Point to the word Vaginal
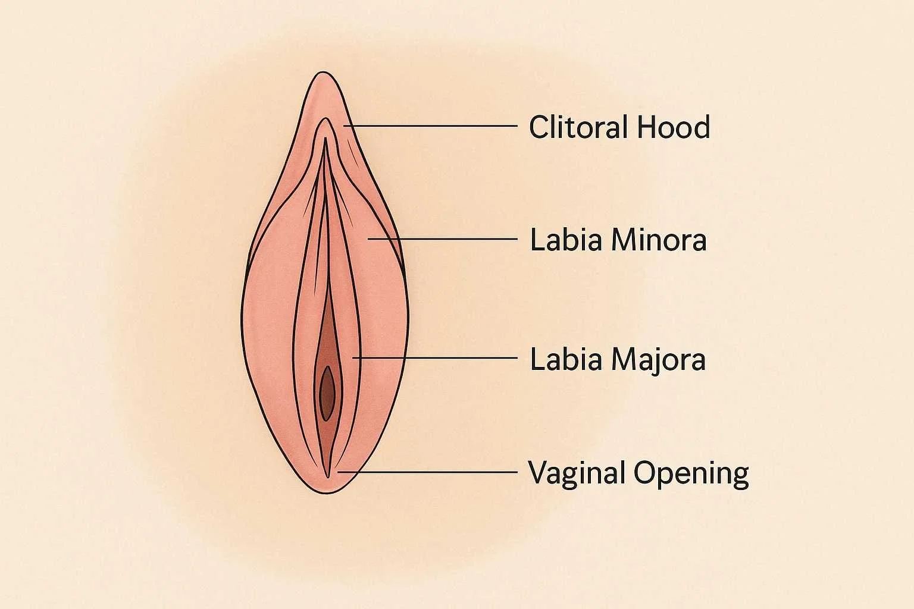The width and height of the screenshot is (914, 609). pos(577,473)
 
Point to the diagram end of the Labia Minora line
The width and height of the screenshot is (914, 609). pos(369,238)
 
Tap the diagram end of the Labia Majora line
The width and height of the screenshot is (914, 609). pos(354,357)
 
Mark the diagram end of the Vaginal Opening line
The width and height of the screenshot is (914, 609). pos(338,472)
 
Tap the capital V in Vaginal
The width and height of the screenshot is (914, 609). pos(539,473)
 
